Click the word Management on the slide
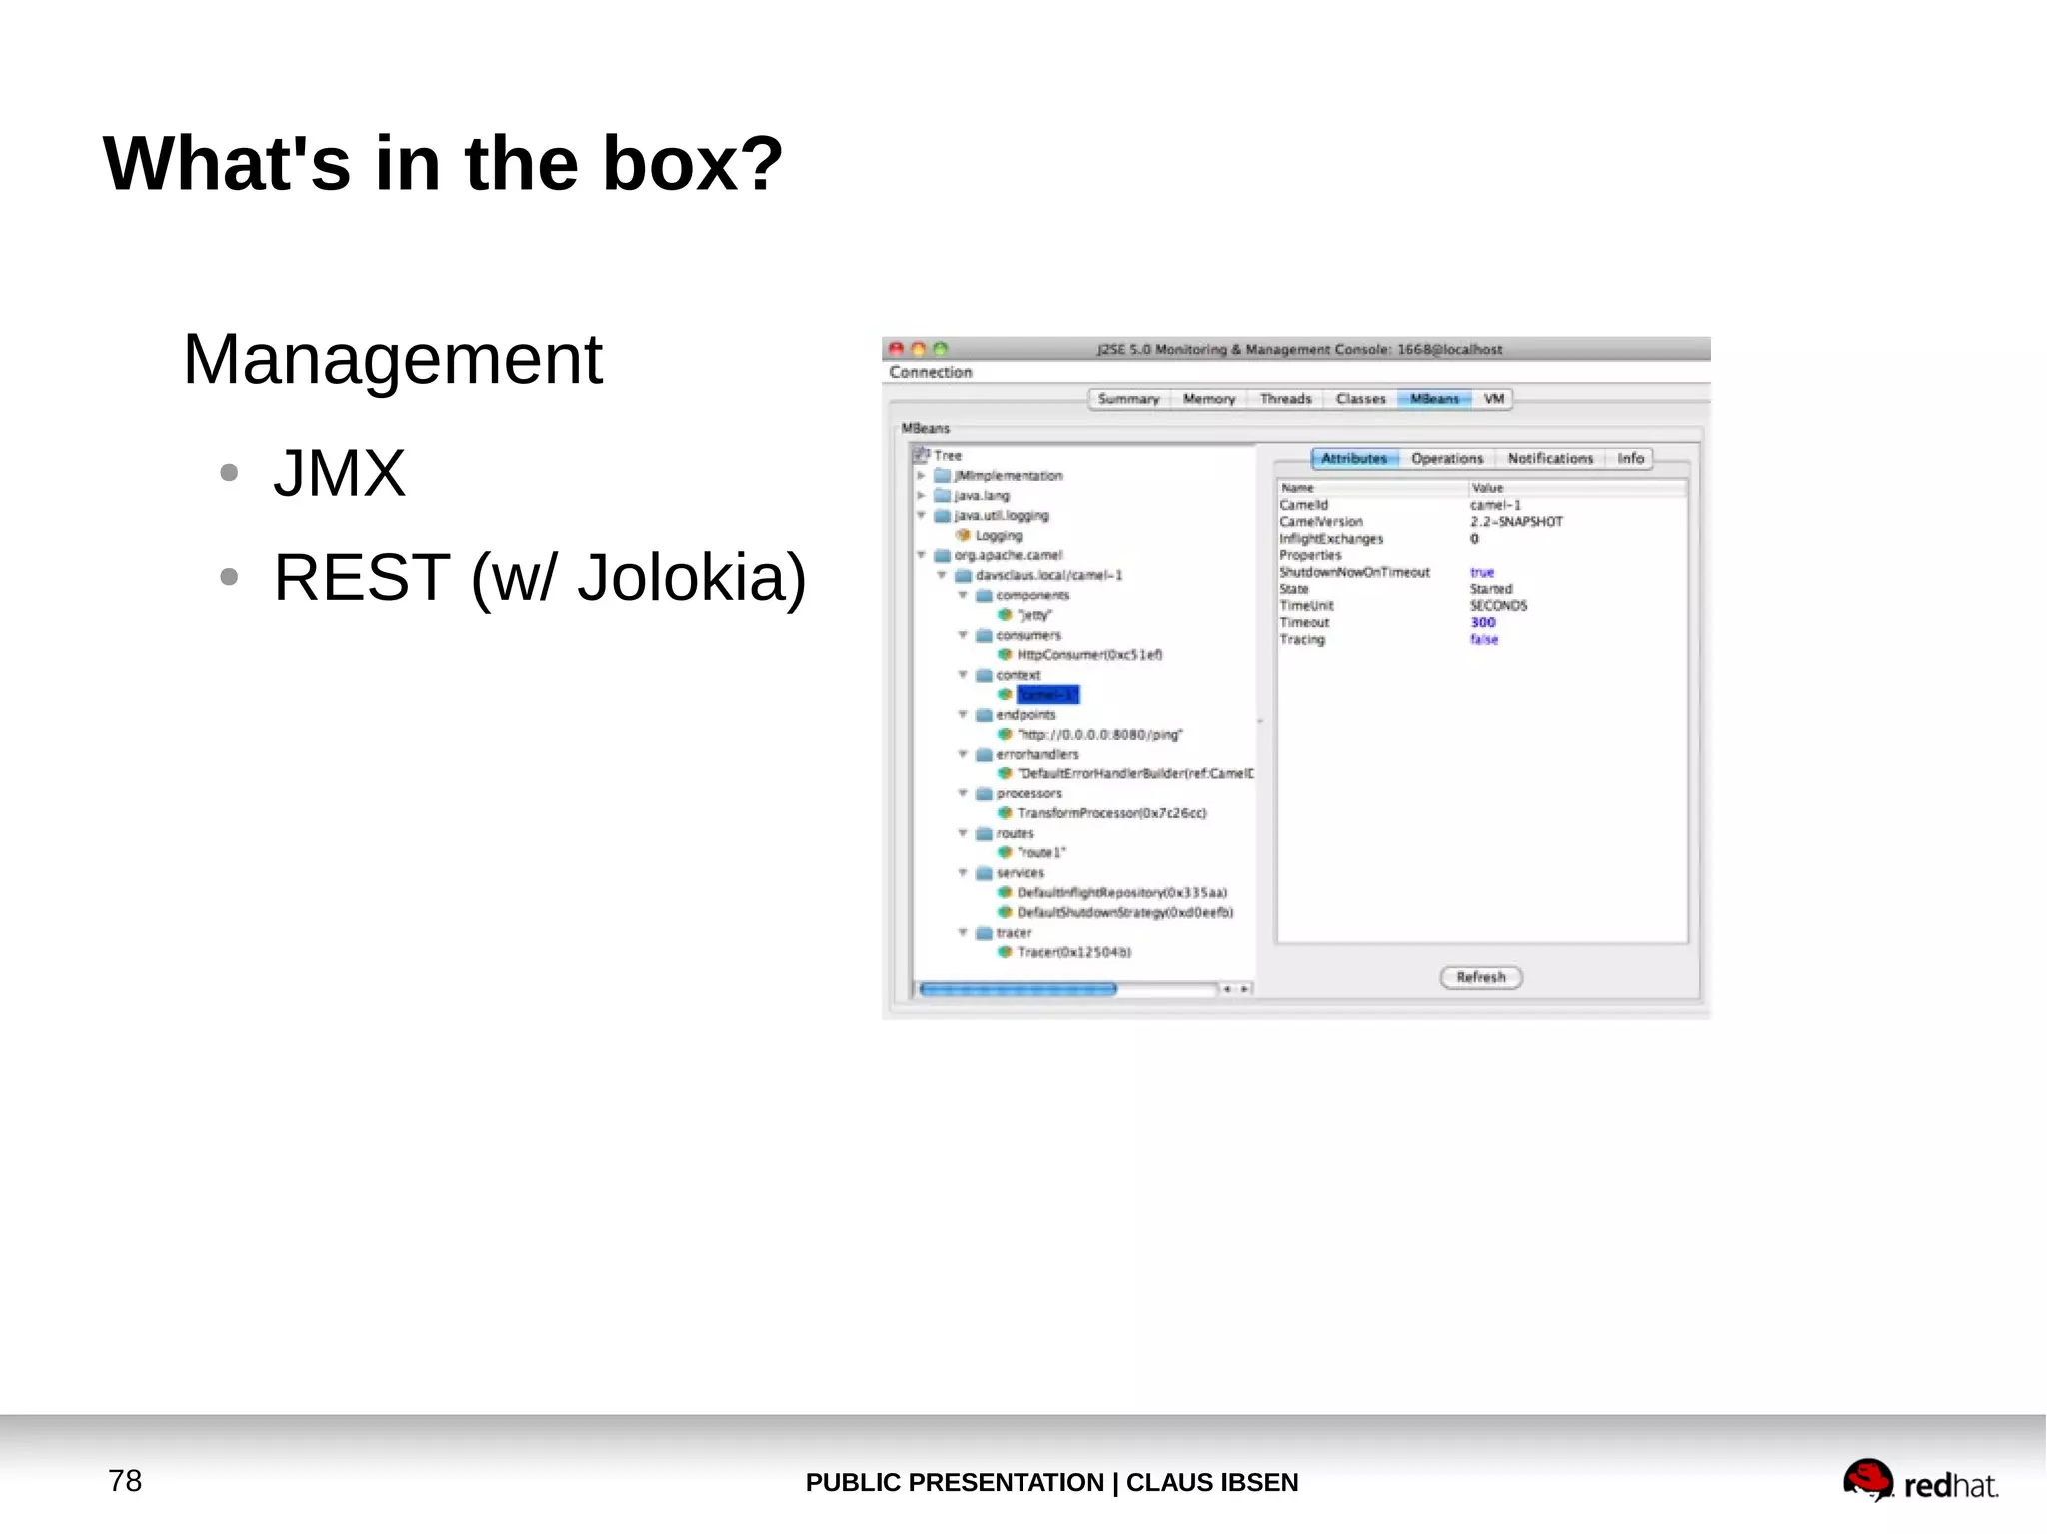[392, 360]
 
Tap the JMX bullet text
[339, 473]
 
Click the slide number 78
[125, 1480]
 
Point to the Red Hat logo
[1919, 1482]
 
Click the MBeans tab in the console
[1434, 399]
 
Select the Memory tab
[1208, 399]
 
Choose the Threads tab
[1285, 399]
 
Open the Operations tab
[1446, 459]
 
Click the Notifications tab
[1549, 459]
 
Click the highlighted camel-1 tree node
[1047, 695]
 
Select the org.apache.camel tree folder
[1008, 555]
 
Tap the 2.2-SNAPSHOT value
[1515, 522]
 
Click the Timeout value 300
[1482, 622]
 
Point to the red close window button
[897, 349]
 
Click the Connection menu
[930, 372]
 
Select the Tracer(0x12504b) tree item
[1073, 952]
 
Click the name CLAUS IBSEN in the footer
[1211, 1482]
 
